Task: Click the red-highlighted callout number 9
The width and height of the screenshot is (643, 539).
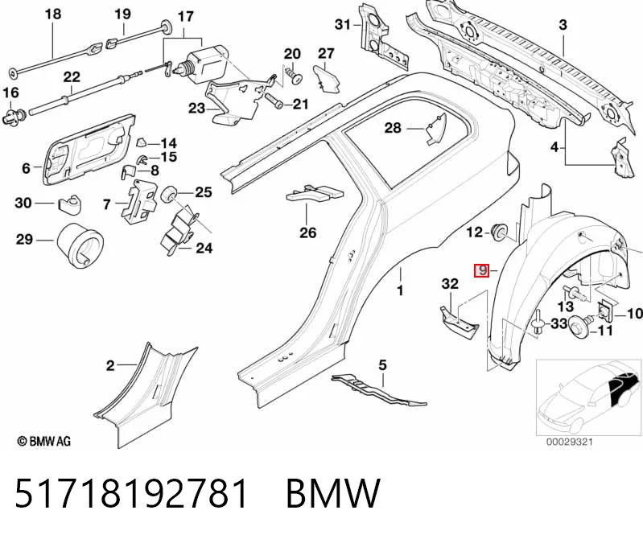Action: coord(481,270)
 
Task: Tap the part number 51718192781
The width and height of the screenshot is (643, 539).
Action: coord(131,493)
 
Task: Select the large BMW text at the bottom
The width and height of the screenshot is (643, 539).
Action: coord(333,493)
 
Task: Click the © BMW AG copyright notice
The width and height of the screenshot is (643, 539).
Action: coord(44,442)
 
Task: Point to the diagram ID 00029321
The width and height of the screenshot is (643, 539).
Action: coord(569,442)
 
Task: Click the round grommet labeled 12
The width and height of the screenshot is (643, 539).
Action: coord(500,232)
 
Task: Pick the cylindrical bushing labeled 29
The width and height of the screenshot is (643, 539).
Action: coord(80,245)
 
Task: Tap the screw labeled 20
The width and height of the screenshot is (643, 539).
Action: coord(295,76)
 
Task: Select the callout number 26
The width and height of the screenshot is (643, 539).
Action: coord(308,232)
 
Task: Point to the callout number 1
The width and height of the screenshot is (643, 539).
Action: coord(400,290)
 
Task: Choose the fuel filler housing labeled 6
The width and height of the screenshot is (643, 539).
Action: coord(89,150)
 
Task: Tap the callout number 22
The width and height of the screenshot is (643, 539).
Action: coord(72,77)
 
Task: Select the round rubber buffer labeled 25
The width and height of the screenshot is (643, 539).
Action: coord(168,194)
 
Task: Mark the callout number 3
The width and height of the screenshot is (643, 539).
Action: coord(563,25)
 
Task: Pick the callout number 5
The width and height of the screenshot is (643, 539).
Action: coord(382,364)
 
